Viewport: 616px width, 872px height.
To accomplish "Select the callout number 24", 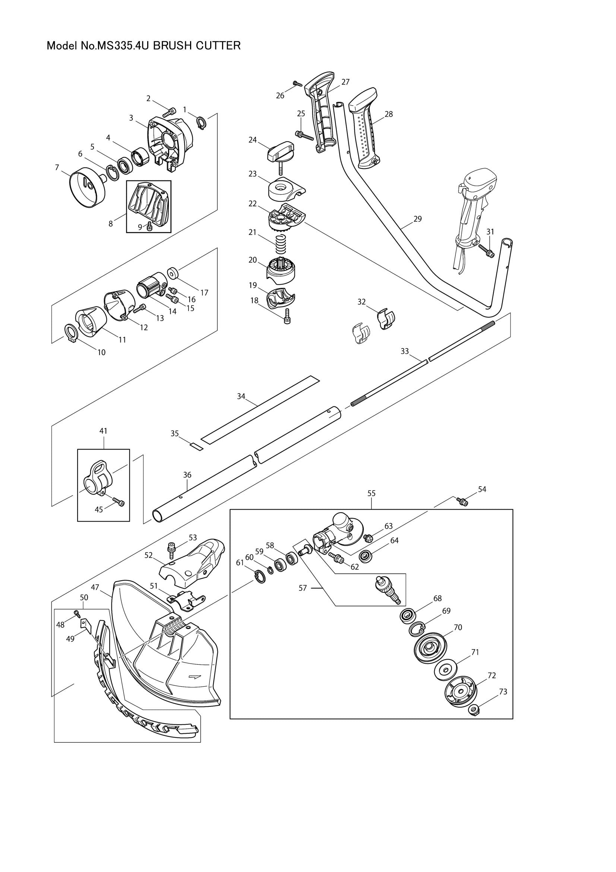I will tap(253, 140).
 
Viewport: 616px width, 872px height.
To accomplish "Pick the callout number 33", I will tap(405, 351).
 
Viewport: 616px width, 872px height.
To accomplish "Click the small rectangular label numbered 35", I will tap(197, 446).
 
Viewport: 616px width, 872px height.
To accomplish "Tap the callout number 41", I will tap(103, 431).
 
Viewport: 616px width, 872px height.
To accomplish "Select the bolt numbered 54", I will tap(462, 502).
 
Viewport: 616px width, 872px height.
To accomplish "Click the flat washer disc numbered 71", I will tap(445, 670).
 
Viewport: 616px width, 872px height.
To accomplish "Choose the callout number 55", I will tap(372, 493).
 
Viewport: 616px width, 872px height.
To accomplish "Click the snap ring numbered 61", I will tap(259, 579).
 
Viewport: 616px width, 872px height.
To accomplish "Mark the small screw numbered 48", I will tap(76, 612).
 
